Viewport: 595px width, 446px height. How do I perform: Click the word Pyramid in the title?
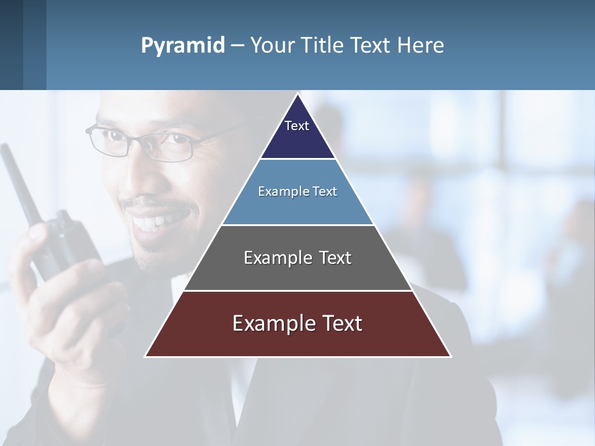[x=182, y=46]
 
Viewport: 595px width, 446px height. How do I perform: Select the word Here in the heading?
[x=421, y=46]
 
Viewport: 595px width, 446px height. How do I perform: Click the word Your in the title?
[x=273, y=46]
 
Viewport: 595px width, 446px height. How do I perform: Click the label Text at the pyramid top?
[x=297, y=126]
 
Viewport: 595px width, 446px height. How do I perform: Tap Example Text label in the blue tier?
[x=297, y=191]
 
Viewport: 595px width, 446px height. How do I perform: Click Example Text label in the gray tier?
[x=297, y=258]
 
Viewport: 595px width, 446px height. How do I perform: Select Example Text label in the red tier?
[x=297, y=323]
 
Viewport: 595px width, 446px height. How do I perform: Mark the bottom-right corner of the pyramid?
[x=450, y=356]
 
